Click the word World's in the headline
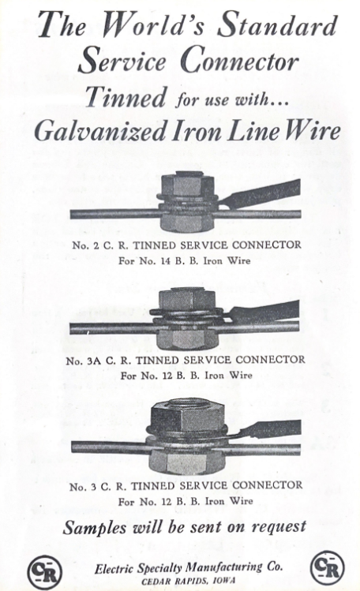(152, 24)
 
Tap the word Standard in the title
(277, 24)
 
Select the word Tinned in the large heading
(126, 96)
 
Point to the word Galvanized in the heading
(100, 132)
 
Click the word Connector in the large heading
(240, 61)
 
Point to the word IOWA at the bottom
(223, 581)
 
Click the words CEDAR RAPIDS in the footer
(175, 582)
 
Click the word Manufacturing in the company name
(225, 567)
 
